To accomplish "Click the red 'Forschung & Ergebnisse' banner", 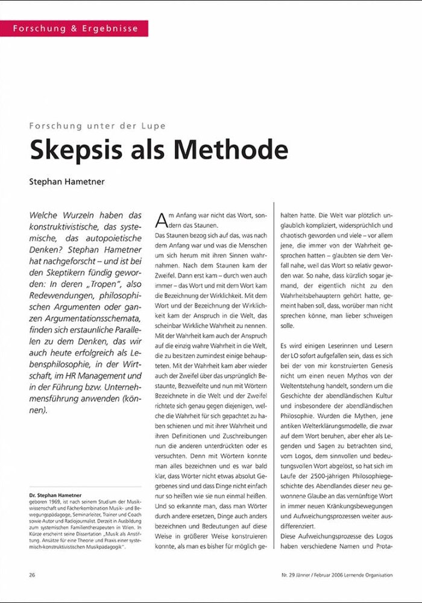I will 74,28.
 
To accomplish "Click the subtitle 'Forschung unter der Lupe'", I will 97,126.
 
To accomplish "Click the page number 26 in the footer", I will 32,575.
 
